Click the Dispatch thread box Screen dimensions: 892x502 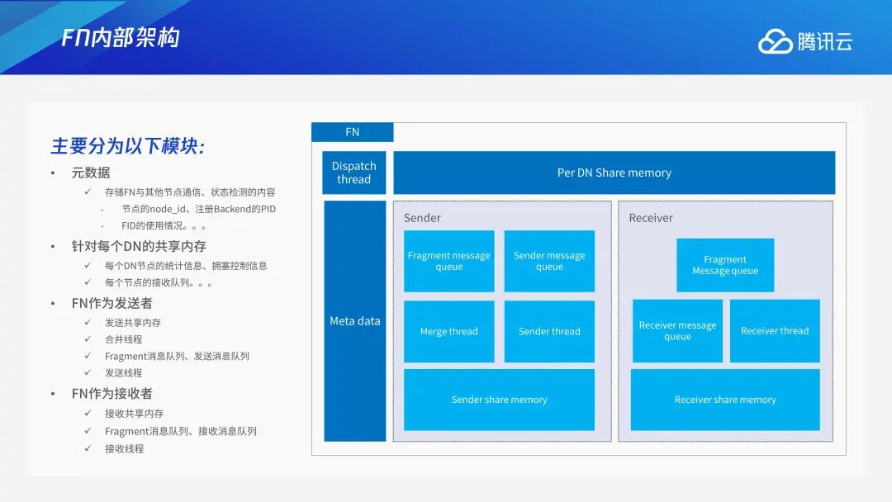[353, 173]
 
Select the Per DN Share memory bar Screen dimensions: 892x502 [614, 173]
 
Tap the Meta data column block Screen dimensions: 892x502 [355, 321]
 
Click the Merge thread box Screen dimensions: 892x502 [448, 331]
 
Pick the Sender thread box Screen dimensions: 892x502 [549, 331]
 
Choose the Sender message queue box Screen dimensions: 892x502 [549, 261]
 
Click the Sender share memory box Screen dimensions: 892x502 [500, 400]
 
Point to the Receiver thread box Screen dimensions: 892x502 [775, 331]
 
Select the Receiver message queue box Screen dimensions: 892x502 [677, 331]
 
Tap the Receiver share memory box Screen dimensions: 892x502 [725, 400]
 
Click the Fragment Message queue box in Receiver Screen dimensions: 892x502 [725, 265]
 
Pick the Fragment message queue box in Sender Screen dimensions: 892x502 [448, 261]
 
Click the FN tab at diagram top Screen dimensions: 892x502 [352, 132]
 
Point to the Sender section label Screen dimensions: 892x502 [422, 218]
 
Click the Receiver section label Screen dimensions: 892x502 [651, 218]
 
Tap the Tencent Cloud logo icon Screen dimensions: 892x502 [775, 41]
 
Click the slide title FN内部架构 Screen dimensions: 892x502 [121, 38]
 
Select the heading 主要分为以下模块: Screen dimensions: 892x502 [128, 146]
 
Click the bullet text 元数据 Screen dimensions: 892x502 [91, 173]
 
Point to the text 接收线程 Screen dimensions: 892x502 [124, 448]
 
